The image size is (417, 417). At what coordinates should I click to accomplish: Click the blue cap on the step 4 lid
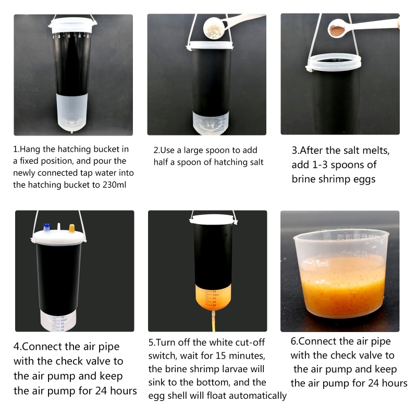[x=47, y=228]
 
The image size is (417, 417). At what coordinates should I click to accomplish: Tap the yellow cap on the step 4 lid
[x=71, y=228]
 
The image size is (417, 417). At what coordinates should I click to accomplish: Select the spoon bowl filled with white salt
[x=214, y=28]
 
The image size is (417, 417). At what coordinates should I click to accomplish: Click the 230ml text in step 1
[x=114, y=185]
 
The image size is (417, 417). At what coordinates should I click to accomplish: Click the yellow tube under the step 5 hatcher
[x=213, y=322]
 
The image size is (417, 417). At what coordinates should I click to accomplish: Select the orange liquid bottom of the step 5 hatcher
[x=213, y=297]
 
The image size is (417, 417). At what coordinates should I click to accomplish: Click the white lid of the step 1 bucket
[x=72, y=25]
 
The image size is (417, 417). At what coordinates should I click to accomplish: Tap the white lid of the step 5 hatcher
[x=213, y=219]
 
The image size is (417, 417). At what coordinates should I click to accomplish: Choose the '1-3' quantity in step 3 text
[x=320, y=165]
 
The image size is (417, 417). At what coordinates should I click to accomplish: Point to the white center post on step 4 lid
[x=59, y=227]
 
